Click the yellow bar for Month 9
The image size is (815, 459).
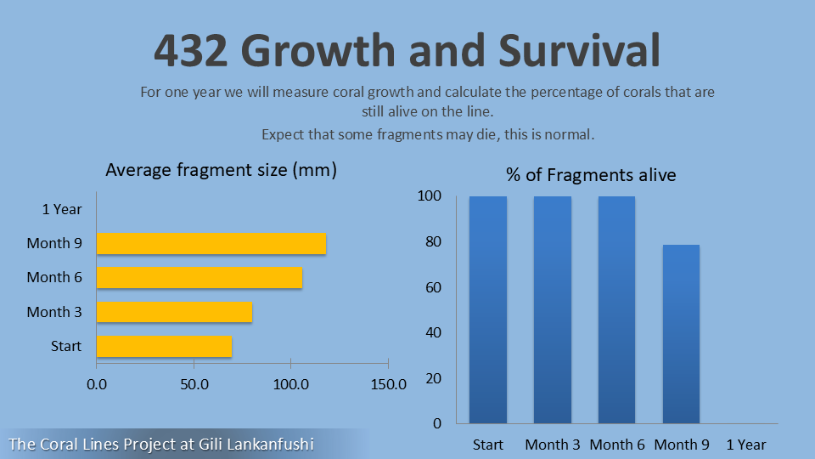211,243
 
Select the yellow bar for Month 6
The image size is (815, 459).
199,277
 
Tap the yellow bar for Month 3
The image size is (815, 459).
174,312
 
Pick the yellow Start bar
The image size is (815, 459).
164,346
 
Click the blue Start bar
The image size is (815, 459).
488,309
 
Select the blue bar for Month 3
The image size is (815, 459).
553,309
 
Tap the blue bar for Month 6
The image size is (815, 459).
617,309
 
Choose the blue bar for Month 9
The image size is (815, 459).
681,334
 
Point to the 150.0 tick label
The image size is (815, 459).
388,384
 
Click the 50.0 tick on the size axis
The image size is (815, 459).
194,384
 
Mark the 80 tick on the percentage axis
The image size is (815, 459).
434,241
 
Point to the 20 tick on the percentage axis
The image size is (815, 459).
434,378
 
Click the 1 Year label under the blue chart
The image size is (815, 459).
745,445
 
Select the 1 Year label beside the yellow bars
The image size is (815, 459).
62,209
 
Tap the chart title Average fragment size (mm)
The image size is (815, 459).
221,170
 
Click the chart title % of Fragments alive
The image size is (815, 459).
591,175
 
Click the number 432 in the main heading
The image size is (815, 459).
192,51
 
